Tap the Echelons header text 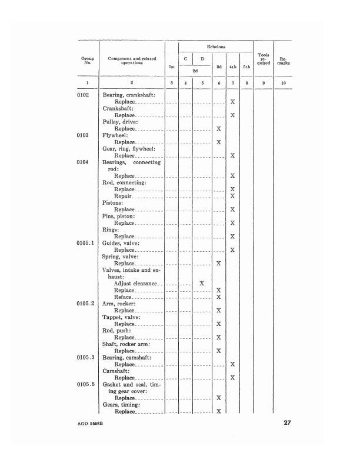(216, 46)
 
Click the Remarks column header (284, 61)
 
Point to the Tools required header (263, 59)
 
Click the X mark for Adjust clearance (202, 283)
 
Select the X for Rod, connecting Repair (233, 196)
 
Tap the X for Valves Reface (218, 297)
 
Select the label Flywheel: (116, 135)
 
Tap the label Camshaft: (118, 371)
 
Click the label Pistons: (114, 203)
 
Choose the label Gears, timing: (122, 405)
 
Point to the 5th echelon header (246, 67)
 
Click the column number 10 (284, 84)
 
